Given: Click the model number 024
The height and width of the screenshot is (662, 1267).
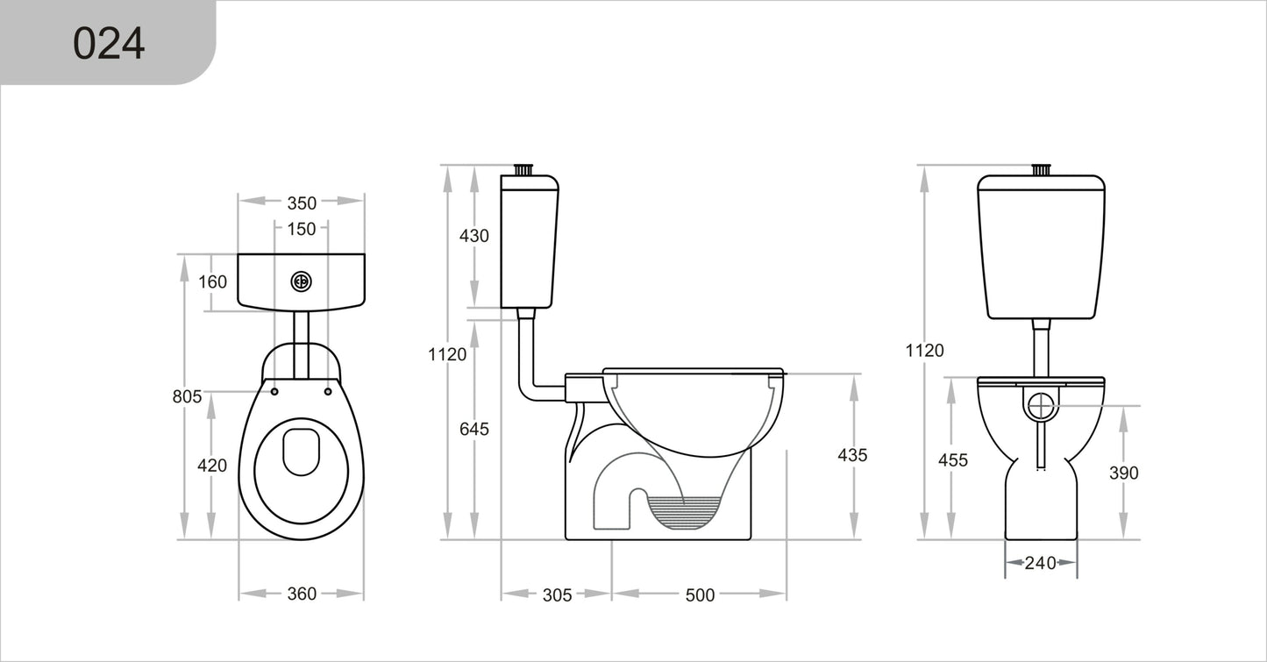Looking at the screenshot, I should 108,43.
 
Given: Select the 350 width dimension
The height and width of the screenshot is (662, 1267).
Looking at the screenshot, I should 301,203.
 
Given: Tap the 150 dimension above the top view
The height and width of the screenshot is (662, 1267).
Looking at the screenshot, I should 301,229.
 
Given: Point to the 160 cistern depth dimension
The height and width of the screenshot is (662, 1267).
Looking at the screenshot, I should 212,281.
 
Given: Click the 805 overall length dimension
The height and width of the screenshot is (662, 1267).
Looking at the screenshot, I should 187,396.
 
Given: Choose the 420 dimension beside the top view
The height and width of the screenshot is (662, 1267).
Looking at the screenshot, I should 212,466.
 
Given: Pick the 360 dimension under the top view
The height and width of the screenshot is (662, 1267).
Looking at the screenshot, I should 301,594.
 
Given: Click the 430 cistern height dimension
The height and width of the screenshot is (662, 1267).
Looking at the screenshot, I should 473,236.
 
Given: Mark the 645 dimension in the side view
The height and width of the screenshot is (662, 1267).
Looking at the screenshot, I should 473,429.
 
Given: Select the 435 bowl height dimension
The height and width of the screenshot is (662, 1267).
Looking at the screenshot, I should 852,455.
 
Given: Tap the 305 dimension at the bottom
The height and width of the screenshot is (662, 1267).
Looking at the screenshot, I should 557,595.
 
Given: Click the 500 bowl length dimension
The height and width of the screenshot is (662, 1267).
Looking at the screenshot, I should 699,595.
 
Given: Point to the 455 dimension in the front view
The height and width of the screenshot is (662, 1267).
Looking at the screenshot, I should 952,460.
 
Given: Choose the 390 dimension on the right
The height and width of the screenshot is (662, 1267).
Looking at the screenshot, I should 1123,473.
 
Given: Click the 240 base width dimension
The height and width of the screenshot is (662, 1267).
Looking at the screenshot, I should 1041,563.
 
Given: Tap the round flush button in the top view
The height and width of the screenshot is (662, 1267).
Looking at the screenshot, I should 301,281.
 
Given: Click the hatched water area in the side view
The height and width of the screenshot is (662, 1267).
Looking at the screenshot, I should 684,512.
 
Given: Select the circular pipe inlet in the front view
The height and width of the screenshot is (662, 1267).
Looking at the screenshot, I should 1041,405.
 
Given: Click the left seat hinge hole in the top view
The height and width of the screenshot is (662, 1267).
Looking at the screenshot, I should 275,391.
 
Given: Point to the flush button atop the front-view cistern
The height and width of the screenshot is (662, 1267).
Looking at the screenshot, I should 1041,169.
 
